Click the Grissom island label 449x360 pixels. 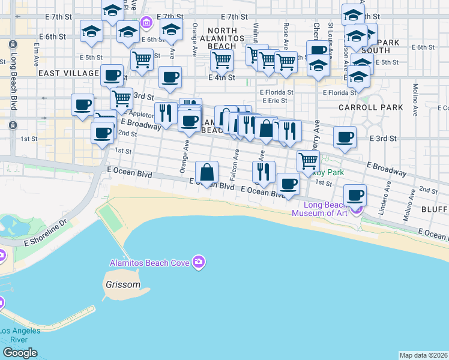(x=122, y=285)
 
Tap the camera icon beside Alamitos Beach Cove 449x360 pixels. (x=199, y=262)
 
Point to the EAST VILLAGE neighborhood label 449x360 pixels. (x=68, y=73)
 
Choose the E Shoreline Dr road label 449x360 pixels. (x=49, y=233)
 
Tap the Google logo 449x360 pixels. (x=19, y=353)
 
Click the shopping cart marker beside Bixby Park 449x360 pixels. (x=308, y=160)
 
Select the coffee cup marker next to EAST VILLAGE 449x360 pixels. (x=112, y=76)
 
